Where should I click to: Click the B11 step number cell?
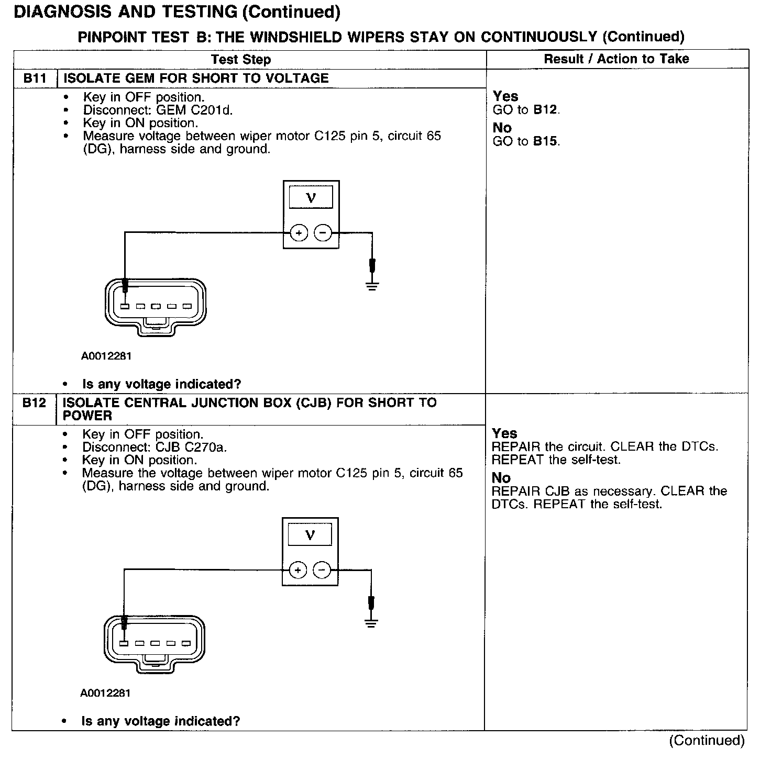pos(35,79)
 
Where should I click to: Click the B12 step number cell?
pos(34,403)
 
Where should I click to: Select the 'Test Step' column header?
pos(241,60)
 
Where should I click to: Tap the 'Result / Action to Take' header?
pos(616,59)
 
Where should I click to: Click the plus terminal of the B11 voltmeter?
pos(299,233)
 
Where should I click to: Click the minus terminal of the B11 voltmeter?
pos(323,233)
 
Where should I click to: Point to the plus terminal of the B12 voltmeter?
pos(298,570)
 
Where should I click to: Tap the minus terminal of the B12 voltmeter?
pos(322,570)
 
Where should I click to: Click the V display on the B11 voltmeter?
pos(311,198)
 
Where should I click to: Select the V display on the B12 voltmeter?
pos(310,535)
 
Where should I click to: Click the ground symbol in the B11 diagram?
pos(372,286)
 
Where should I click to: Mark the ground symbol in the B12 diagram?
pos(371,623)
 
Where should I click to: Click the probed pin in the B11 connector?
pos(125,306)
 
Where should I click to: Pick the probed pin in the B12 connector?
pos(124,643)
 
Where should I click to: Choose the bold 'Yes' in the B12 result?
pos(504,433)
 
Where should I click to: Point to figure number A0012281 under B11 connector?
pos(106,356)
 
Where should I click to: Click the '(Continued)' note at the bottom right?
pos(707,740)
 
